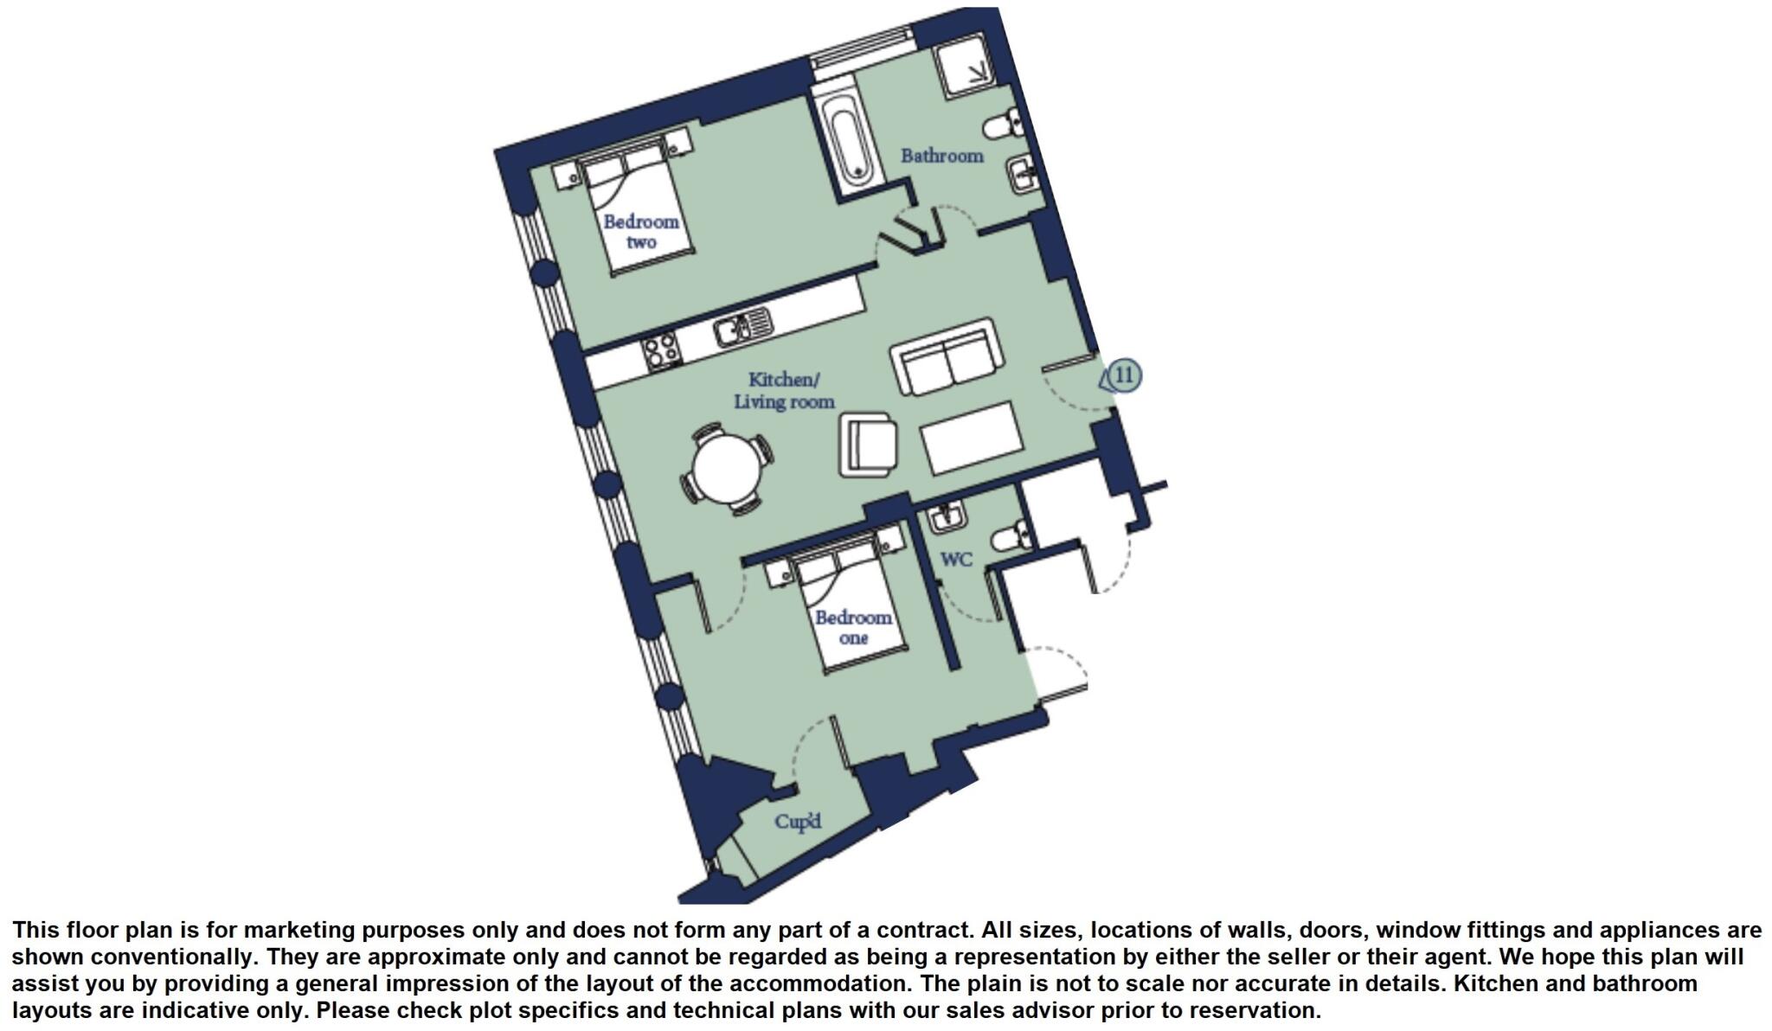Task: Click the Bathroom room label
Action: tap(941, 157)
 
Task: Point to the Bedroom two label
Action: tap(641, 232)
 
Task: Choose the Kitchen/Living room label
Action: tap(784, 391)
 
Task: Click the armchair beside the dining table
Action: tap(868, 445)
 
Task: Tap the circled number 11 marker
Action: tap(1124, 375)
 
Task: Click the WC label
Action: tap(956, 560)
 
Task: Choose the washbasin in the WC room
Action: tap(947, 516)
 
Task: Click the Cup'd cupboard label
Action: tap(798, 822)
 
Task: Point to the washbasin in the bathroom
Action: tap(1022, 176)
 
